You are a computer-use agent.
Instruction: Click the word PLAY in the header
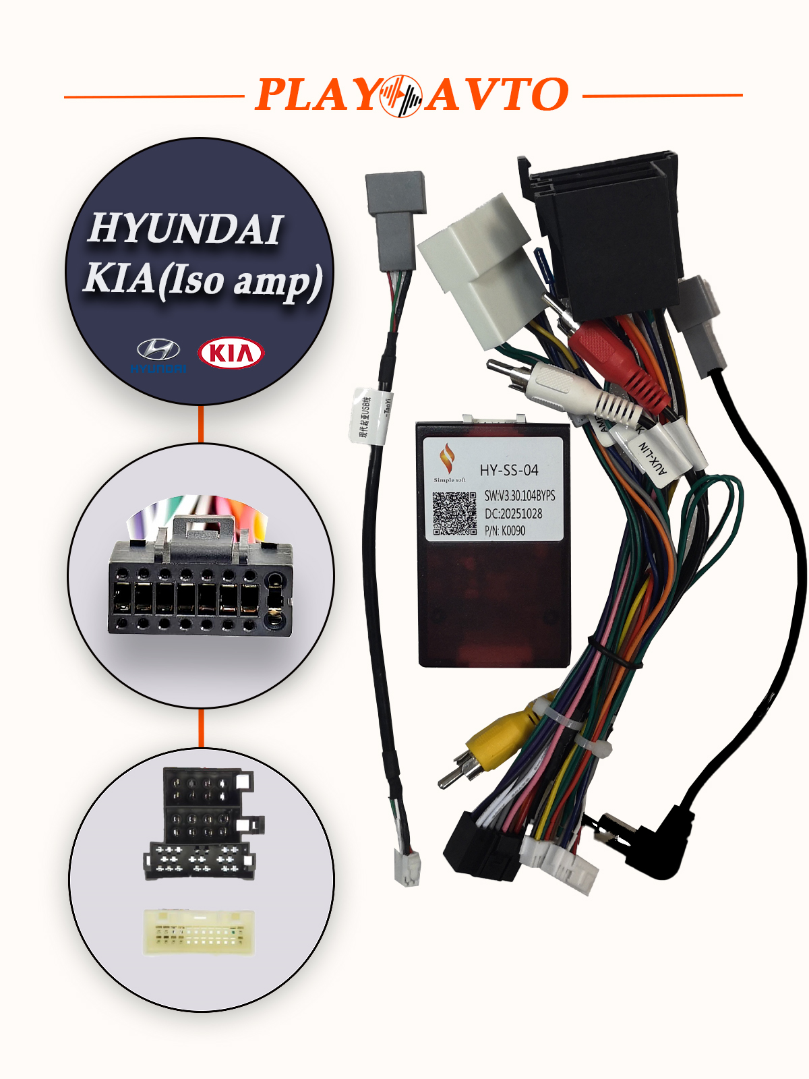tap(317, 95)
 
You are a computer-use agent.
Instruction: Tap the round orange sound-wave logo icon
tap(401, 95)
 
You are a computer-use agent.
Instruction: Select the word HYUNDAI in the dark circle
tap(185, 229)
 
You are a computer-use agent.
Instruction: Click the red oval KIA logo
tap(231, 353)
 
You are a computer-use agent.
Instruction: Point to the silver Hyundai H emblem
tap(158, 349)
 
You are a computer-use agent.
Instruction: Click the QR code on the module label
tap(454, 513)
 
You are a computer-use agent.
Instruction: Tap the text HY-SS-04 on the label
tap(509, 470)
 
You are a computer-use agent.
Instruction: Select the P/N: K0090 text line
tap(505, 531)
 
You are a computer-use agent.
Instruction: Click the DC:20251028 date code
tap(513, 513)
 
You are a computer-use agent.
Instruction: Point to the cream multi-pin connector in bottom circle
tap(200, 932)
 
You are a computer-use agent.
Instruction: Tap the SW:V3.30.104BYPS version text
tap(520, 496)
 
